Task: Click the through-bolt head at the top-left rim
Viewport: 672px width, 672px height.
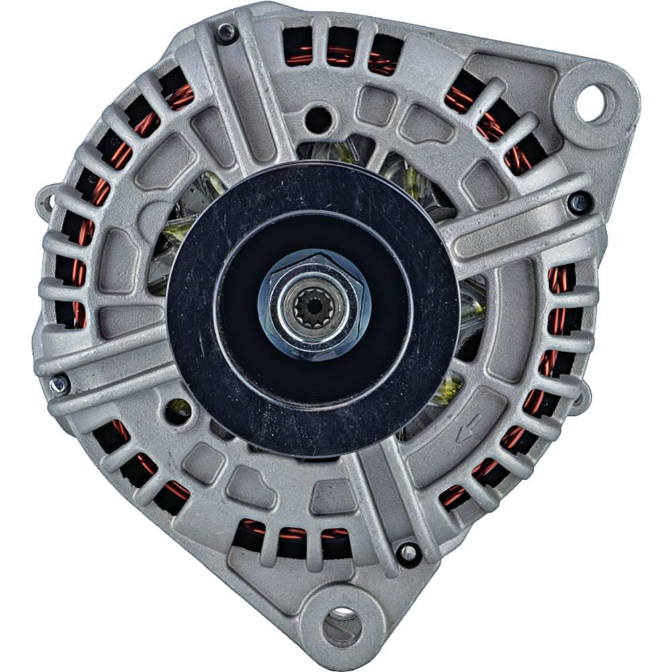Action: [x=226, y=32]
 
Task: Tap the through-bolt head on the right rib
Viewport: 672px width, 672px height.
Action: [x=579, y=202]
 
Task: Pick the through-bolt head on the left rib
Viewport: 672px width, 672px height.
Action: [x=59, y=383]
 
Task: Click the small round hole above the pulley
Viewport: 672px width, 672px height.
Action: [x=318, y=120]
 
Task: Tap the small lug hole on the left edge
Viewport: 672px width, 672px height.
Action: [x=47, y=200]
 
